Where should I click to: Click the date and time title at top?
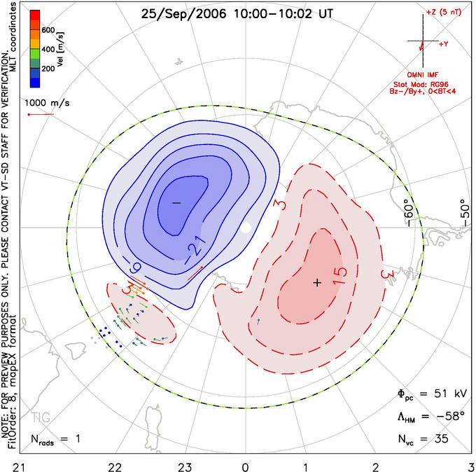coord(237,14)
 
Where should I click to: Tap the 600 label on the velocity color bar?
coord(48,30)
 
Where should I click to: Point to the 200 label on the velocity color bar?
coord(48,69)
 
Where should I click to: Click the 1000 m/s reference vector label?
coord(47,103)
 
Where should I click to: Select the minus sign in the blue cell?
coord(176,202)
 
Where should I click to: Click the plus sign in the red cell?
coord(317,283)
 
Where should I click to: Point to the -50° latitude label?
coord(464,213)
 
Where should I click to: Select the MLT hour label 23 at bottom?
coord(185,467)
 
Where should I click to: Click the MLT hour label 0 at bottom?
coord(245,467)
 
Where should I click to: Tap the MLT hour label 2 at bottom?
coord(376,467)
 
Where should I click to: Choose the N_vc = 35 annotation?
coord(423,439)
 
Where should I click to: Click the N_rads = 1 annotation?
coord(55,439)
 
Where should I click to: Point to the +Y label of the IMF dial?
coord(444,44)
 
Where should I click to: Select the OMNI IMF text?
coord(423,75)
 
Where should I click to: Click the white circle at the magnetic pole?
coord(246,227)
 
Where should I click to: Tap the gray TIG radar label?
coord(41,417)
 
